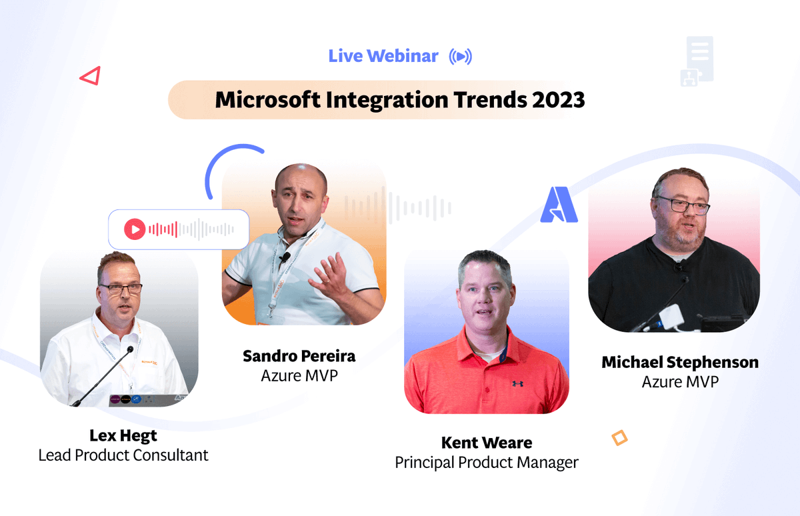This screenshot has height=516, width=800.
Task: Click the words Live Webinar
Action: (x=383, y=57)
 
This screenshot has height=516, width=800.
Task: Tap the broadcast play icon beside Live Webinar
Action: (x=460, y=57)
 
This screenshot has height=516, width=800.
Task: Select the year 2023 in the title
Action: (x=558, y=100)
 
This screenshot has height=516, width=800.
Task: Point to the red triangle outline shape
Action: (x=90, y=76)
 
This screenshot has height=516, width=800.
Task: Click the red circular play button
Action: (x=134, y=230)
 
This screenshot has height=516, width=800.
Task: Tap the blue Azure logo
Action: (x=559, y=205)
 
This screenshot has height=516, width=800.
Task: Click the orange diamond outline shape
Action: (x=619, y=438)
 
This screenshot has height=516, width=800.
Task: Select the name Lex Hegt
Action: (x=123, y=435)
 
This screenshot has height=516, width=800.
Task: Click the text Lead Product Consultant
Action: (x=123, y=455)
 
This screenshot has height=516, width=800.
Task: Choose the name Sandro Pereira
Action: (x=299, y=356)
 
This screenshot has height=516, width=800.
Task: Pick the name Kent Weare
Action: (x=486, y=443)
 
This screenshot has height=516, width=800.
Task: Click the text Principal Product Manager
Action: (x=486, y=462)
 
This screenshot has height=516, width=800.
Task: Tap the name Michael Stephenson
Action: (x=680, y=362)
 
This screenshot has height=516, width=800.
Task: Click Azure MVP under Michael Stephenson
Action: (x=680, y=382)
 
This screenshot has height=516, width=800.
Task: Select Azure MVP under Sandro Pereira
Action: (x=299, y=376)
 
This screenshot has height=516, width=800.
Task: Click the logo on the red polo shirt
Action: (x=517, y=383)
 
